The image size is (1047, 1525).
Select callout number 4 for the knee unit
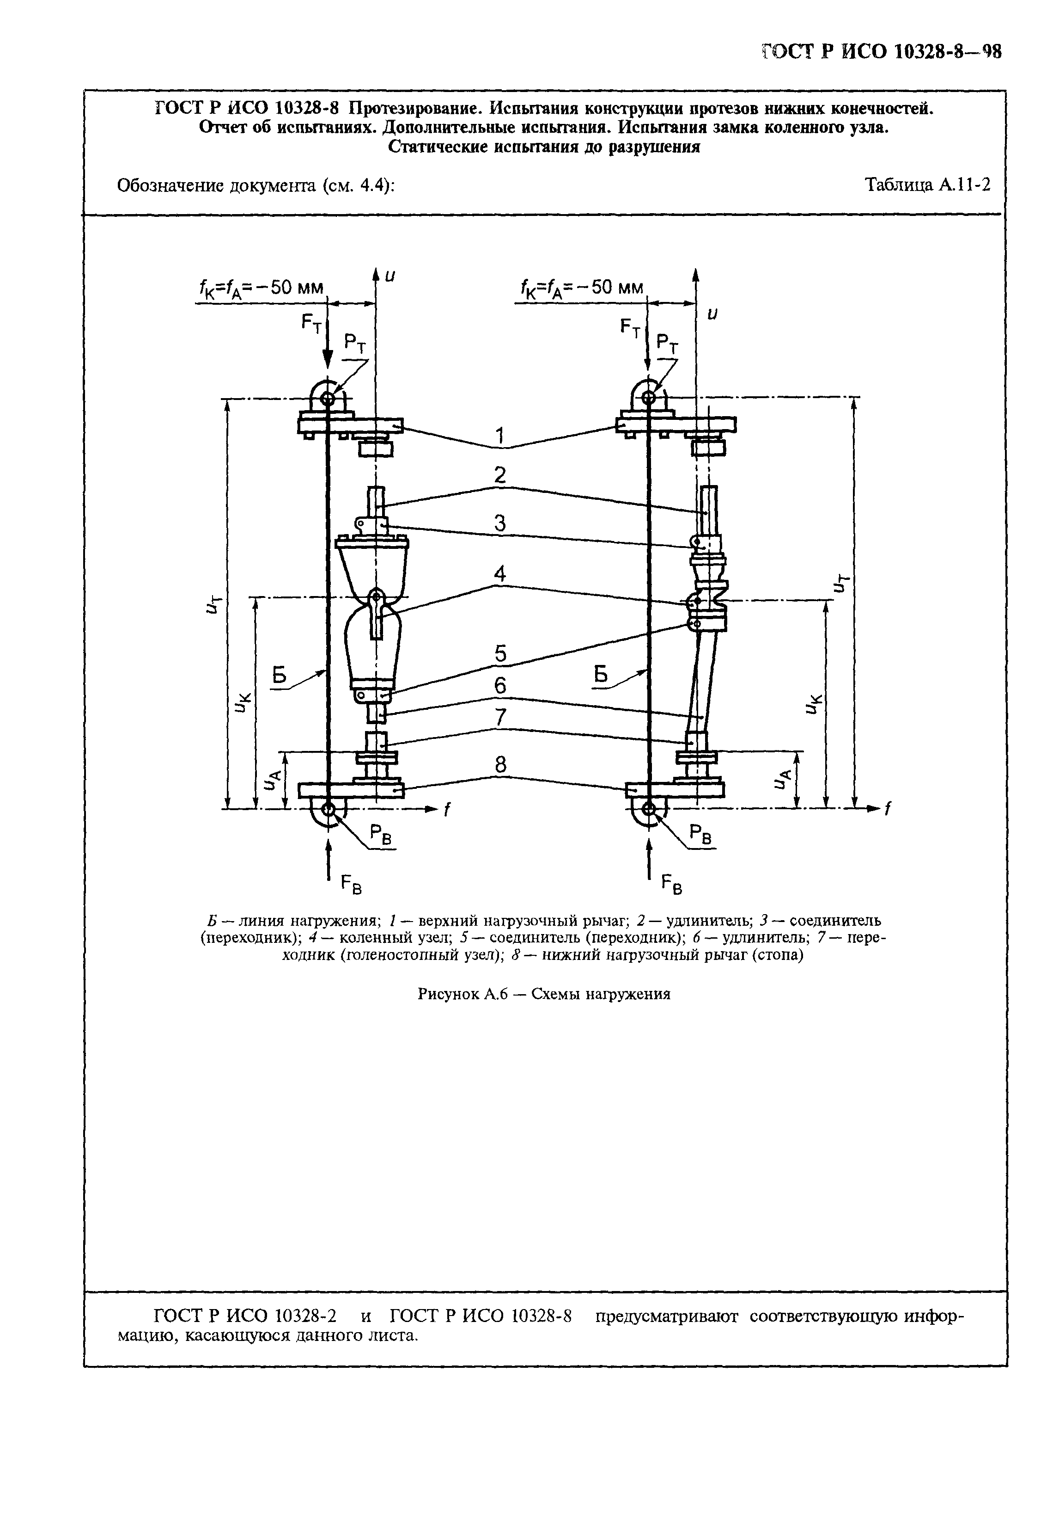(x=500, y=574)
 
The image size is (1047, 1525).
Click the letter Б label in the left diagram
(x=280, y=674)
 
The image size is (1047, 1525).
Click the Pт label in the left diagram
(x=356, y=344)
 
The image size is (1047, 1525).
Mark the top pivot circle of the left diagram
(x=326, y=397)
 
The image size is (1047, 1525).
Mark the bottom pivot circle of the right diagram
(x=648, y=808)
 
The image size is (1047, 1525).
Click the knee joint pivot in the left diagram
(x=376, y=597)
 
